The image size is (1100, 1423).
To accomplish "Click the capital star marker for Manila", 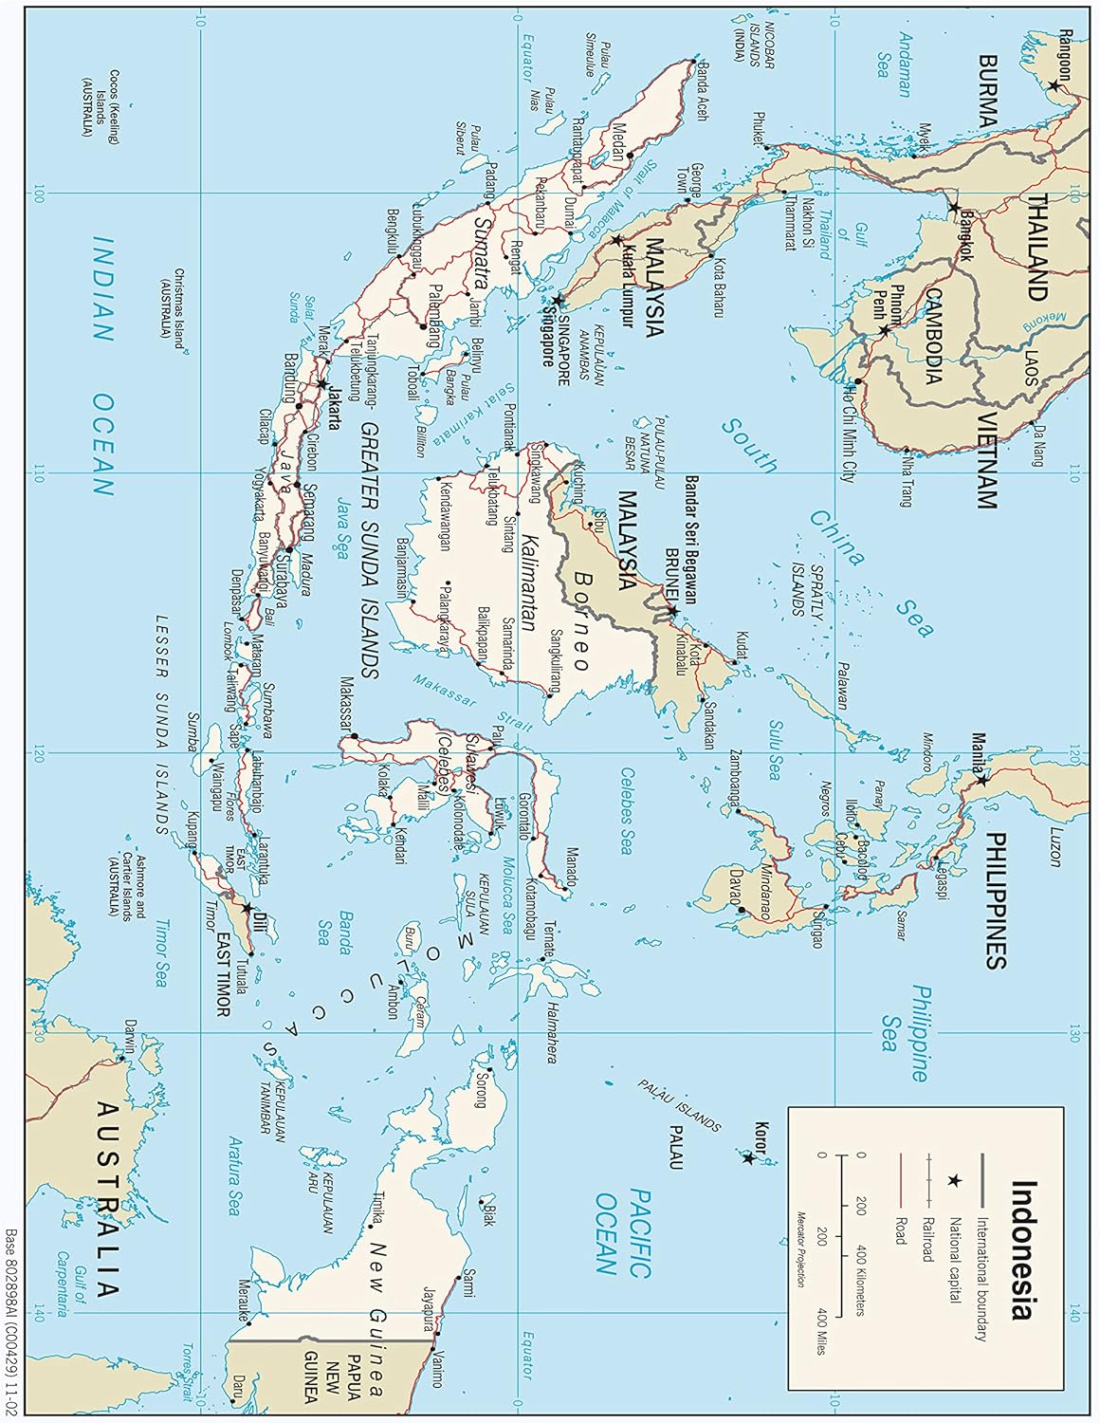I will pos(982,781).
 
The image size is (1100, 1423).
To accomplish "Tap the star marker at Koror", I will pos(748,1157).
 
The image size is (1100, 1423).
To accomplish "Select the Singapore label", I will pos(548,336).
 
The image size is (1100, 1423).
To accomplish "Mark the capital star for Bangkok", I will pos(954,207).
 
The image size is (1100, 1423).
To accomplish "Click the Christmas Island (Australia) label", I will pos(172,308).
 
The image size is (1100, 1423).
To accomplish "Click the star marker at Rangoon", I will pos(1054,84).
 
